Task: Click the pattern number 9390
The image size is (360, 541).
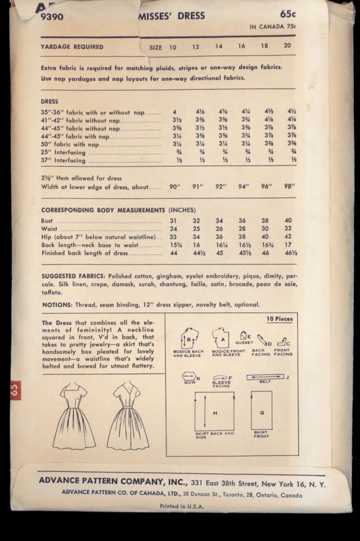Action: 52,17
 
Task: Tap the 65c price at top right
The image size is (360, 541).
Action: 288,14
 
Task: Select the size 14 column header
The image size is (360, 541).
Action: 219,47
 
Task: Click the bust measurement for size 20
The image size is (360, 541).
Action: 288,220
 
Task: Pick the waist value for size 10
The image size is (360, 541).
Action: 174,229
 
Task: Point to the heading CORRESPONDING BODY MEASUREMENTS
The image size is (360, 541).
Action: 103,210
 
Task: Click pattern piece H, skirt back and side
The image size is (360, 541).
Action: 214,412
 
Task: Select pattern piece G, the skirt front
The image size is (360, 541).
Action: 261,412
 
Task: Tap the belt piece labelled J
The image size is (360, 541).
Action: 265,376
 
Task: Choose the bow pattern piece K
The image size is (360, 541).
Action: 188,376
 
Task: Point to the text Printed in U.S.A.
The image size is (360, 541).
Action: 181,506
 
